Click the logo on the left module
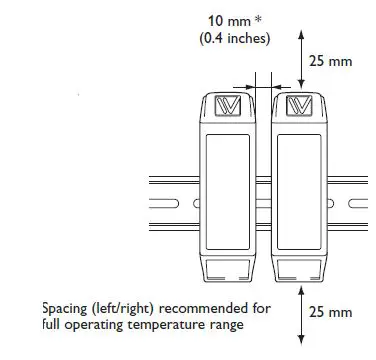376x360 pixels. tap(230, 105)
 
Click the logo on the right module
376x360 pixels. tap(299, 105)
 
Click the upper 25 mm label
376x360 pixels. tap(329, 62)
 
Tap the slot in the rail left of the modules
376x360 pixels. tap(176, 205)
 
